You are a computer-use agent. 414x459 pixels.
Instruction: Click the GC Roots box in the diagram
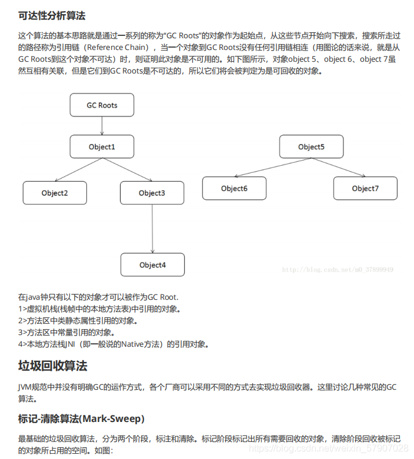click(102, 105)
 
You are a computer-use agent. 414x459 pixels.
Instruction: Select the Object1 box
click(102, 146)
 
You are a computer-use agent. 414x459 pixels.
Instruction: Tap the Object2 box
click(55, 193)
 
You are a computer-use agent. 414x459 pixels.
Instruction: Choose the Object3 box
click(152, 193)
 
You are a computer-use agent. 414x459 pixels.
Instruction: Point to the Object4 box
click(152, 264)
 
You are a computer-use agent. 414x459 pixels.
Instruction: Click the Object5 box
click(311, 146)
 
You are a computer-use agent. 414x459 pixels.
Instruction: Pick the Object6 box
click(234, 188)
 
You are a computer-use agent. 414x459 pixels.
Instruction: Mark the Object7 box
click(365, 188)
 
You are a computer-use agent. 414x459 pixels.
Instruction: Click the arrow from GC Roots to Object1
click(102, 126)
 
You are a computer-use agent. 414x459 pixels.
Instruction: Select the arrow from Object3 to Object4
click(152, 229)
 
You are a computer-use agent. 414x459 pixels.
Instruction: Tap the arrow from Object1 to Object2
click(77, 170)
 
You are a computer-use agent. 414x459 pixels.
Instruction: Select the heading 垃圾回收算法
click(53, 366)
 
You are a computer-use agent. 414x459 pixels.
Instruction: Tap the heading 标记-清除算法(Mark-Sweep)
click(81, 418)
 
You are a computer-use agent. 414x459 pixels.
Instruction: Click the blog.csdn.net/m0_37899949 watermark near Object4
click(338, 269)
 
